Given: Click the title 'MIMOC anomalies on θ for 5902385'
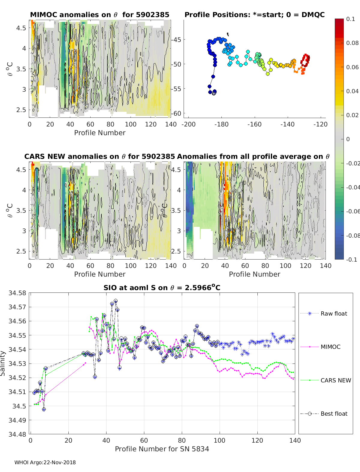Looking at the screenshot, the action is point(100,15).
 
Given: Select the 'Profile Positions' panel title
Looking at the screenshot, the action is point(255,15).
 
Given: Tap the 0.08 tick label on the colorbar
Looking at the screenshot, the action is point(352,43).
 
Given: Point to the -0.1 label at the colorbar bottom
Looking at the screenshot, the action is point(352,260).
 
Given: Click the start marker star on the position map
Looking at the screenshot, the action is point(214,93).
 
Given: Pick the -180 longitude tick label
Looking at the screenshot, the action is point(221,124).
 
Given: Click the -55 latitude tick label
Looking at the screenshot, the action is point(176,89).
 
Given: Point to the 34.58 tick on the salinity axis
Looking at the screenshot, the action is point(17,293).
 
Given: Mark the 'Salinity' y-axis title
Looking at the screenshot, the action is point(3,364).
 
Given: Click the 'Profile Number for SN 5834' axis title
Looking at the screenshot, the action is point(162,449).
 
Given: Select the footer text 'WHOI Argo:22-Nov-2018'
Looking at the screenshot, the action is point(45,462).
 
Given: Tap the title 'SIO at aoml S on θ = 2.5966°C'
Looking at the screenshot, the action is point(162,287).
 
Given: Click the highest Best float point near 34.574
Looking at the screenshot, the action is point(115,301).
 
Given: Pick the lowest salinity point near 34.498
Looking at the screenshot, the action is point(44,409).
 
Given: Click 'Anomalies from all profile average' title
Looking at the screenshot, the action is point(253,156).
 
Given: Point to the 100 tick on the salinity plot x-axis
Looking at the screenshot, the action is point(220,441).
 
